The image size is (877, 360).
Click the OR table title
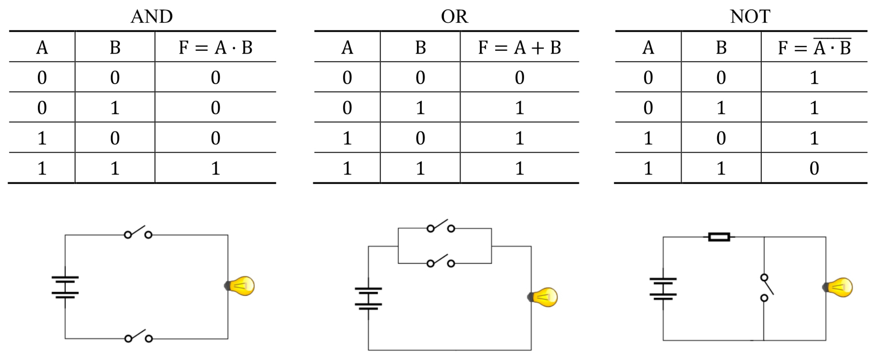point(454,16)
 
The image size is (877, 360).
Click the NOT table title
point(750,16)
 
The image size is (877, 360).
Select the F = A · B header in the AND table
point(215,47)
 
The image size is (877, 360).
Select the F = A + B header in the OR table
point(519,47)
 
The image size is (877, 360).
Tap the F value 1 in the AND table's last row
point(215,168)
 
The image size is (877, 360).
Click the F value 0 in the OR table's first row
point(519,78)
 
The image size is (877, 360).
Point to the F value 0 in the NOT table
point(814,168)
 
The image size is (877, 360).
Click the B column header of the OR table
point(420,47)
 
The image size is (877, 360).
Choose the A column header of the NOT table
point(648,47)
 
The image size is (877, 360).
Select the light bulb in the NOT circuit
point(839,287)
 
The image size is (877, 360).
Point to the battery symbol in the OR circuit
point(368,299)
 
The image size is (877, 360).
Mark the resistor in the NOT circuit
point(719,237)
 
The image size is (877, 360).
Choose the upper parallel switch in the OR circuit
point(441,226)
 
